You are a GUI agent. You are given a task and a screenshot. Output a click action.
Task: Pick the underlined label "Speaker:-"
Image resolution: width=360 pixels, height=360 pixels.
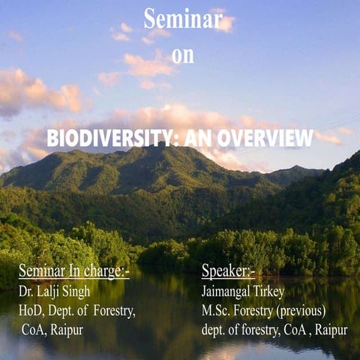(x=228, y=271)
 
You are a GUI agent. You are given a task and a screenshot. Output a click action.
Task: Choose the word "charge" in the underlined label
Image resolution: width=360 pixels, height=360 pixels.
(x=105, y=271)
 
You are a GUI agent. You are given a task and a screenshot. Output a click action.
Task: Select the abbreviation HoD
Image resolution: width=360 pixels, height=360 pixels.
(x=31, y=310)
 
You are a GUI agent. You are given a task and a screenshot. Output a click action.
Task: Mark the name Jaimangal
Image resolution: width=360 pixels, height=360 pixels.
(x=229, y=292)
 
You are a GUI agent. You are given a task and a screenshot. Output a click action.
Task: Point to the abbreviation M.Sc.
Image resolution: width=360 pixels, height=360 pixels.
(x=218, y=310)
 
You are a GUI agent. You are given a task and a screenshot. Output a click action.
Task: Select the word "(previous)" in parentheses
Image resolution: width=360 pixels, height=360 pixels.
(x=299, y=310)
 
